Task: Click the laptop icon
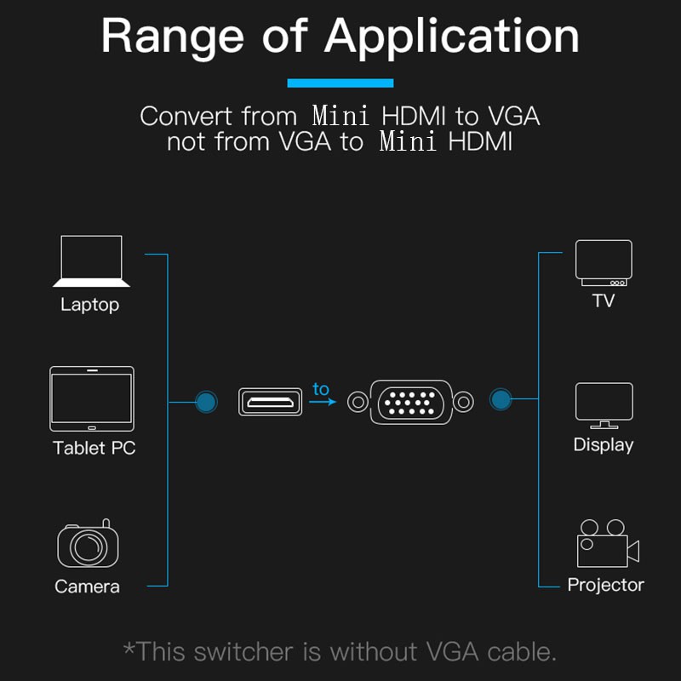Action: [x=91, y=261]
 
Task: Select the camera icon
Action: [x=88, y=544]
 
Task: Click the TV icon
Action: [x=604, y=262]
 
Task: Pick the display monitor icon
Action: [x=604, y=405]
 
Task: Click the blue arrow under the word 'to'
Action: [x=322, y=402]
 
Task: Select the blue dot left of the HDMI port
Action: [x=205, y=402]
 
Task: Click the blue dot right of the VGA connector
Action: [x=501, y=399]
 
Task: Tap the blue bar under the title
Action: [x=340, y=83]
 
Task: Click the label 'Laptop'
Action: [x=89, y=305]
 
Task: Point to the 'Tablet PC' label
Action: [x=94, y=448]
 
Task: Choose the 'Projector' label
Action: [x=605, y=585]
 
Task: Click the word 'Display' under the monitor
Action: [x=604, y=445]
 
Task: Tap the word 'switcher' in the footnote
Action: [x=246, y=652]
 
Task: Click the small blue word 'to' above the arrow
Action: [x=320, y=389]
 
